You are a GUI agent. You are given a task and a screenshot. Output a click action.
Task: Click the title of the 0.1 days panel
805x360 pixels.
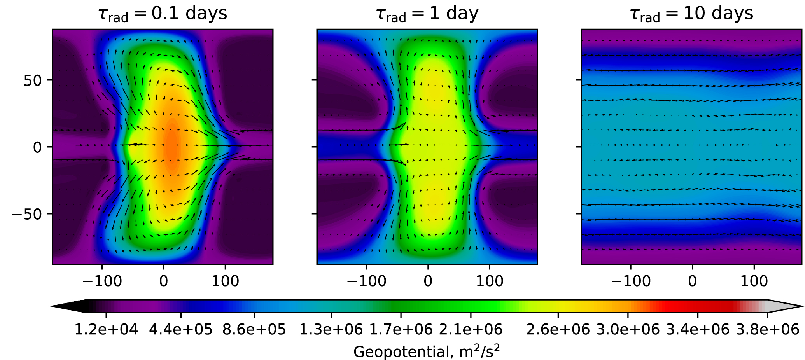click(163, 14)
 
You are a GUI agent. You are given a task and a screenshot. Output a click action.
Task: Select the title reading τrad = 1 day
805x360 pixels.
click(427, 14)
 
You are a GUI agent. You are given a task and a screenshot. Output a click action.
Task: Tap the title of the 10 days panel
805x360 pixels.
click(691, 14)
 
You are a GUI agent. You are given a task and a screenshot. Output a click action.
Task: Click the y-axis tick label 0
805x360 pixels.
click(37, 147)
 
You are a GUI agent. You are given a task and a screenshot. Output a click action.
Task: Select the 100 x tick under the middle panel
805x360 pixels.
click(490, 281)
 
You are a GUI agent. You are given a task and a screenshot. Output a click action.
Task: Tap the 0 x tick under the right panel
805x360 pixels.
click(692, 281)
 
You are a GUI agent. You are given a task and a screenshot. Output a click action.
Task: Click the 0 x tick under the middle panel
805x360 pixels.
click(428, 281)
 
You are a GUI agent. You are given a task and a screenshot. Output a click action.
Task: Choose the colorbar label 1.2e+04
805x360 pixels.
click(106, 330)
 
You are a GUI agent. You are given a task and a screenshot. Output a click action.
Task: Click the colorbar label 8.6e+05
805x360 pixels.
click(254, 330)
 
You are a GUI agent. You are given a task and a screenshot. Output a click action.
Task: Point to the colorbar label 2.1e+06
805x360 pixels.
click(471, 330)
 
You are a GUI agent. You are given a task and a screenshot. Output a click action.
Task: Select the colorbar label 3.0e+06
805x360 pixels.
click(628, 330)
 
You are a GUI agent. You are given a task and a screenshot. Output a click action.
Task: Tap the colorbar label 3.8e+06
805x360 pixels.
click(768, 330)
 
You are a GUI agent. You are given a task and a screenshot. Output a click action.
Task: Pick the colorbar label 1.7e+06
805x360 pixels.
click(401, 330)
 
